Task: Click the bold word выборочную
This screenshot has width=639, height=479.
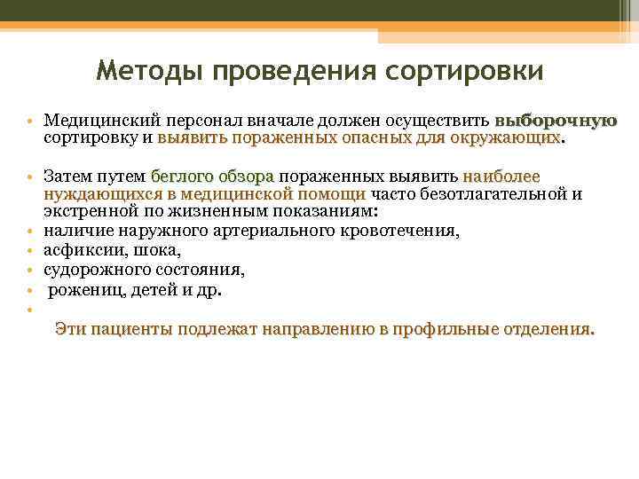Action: pos(556,121)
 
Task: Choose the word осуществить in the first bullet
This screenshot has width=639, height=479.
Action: pos(439,121)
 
